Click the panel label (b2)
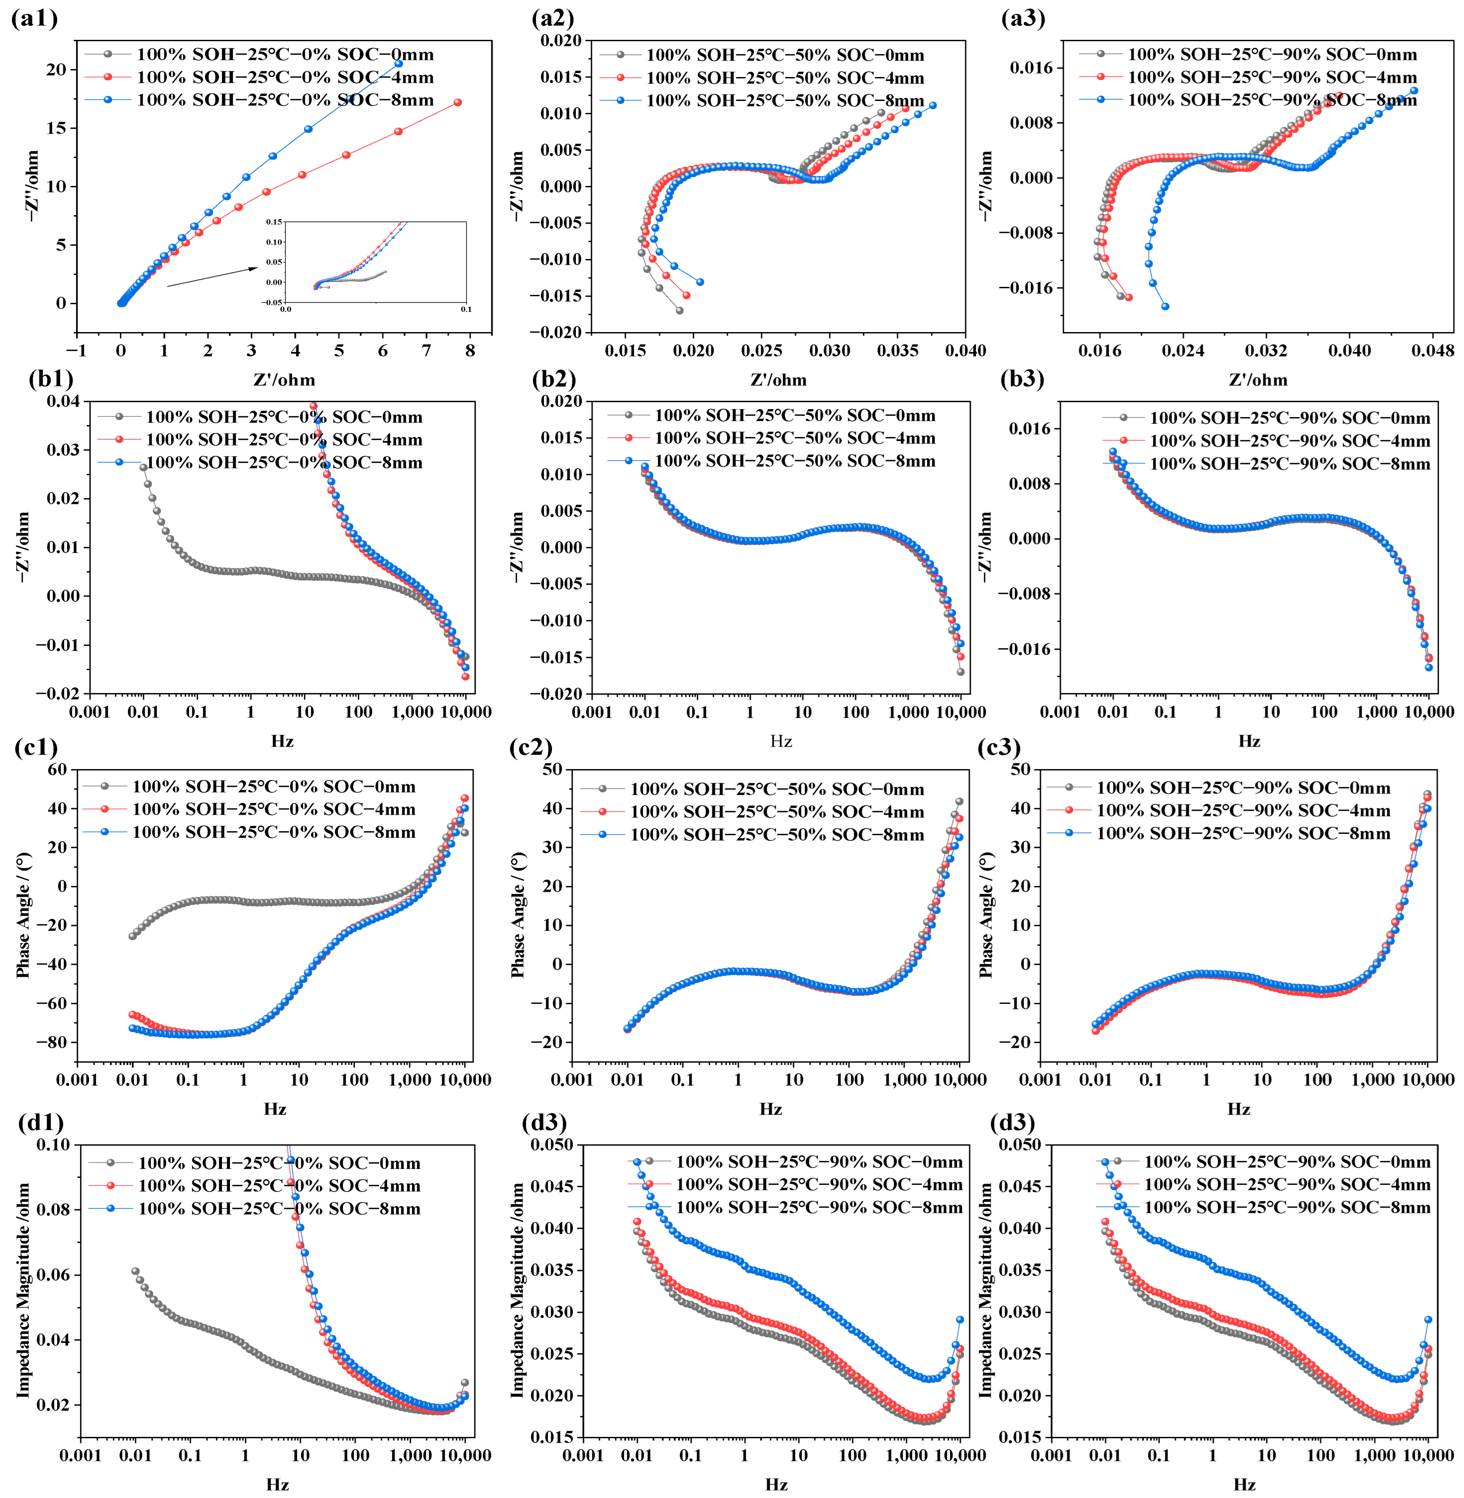[554, 379]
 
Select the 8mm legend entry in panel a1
[284, 100]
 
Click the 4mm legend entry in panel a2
[784, 77]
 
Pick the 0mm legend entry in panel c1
[273, 786]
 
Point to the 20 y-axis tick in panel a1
[56, 69]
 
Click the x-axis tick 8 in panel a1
[470, 351]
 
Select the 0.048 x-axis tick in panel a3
[1433, 351]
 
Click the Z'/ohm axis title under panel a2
[778, 379]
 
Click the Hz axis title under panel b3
[1249, 741]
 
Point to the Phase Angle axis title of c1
[23, 915]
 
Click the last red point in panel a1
[458, 102]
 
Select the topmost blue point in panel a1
[398, 64]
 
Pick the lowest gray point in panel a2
[680, 310]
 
